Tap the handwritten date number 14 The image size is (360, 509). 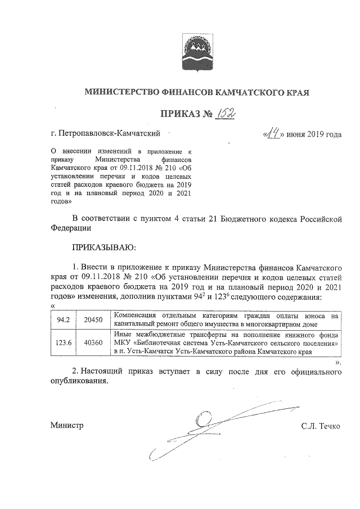[x=274, y=134]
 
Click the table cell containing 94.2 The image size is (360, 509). [x=63, y=319]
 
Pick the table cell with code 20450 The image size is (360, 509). [x=93, y=319]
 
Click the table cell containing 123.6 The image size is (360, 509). [x=63, y=342]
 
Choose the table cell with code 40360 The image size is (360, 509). [x=93, y=342]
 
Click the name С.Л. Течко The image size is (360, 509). [x=321, y=426]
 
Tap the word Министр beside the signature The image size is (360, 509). [x=66, y=426]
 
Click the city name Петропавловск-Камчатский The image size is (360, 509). [x=110, y=133]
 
